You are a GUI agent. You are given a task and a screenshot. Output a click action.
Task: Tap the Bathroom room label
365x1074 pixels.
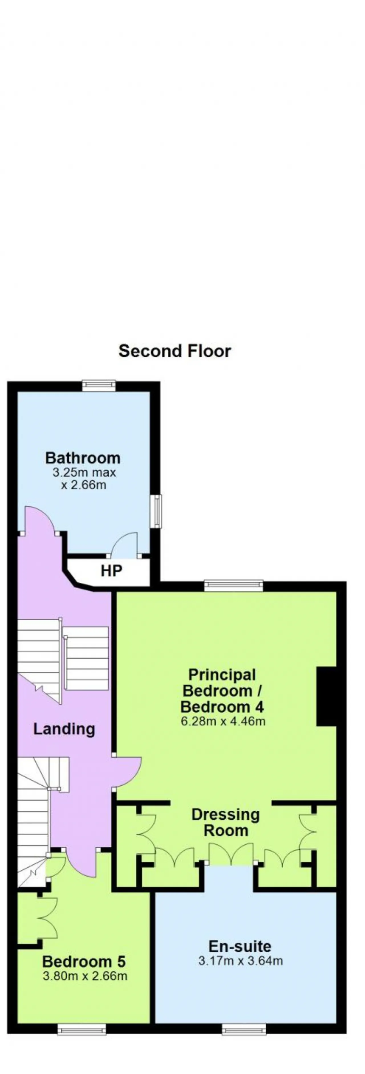click(83, 458)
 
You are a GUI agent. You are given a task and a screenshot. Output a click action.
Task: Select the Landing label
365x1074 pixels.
click(64, 729)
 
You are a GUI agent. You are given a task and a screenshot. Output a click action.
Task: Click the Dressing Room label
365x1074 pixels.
click(226, 822)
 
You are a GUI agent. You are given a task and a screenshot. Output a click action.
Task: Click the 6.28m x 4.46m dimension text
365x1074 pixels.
click(223, 721)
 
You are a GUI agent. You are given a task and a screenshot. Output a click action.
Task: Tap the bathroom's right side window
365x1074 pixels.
click(156, 511)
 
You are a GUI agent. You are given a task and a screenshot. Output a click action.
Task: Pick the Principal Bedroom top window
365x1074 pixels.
click(234, 586)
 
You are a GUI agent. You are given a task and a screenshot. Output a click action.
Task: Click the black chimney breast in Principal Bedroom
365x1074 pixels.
click(327, 697)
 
